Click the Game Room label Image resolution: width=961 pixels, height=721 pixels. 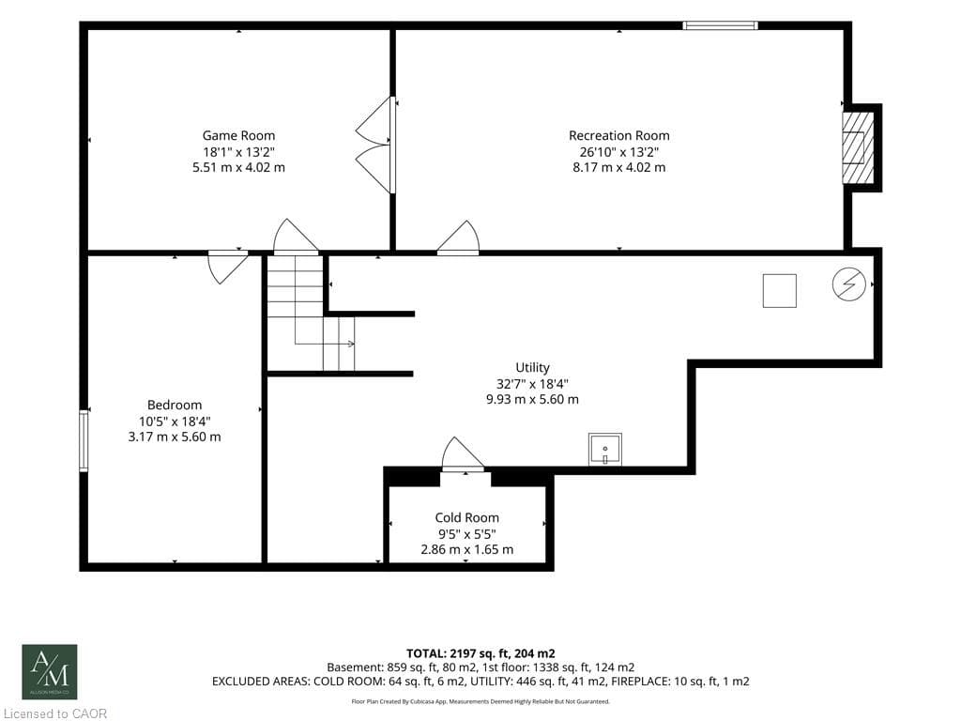pyautogui.click(x=238, y=135)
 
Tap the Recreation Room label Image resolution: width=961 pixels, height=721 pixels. pyautogui.click(x=619, y=135)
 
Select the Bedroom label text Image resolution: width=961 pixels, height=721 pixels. pyautogui.click(x=175, y=405)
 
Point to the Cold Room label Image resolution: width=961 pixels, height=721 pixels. pyautogui.click(x=467, y=517)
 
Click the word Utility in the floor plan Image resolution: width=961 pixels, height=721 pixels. pyautogui.click(x=532, y=367)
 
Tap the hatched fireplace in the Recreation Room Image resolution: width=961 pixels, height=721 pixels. pyautogui.click(x=858, y=147)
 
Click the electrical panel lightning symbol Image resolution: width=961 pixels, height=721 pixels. pyautogui.click(x=848, y=285)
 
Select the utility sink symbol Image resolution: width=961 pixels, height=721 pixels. pyautogui.click(x=605, y=450)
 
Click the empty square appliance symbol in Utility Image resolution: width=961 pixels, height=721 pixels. pyautogui.click(x=780, y=291)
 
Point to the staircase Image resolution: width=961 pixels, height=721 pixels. pyautogui.click(x=311, y=314)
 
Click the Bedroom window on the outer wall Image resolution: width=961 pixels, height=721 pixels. pyautogui.click(x=84, y=441)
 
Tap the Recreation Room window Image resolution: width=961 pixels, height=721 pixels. pyautogui.click(x=721, y=25)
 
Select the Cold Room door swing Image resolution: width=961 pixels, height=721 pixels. pyautogui.click(x=463, y=454)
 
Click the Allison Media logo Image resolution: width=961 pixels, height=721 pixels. pyautogui.click(x=50, y=672)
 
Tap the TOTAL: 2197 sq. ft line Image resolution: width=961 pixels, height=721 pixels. pyautogui.click(x=480, y=653)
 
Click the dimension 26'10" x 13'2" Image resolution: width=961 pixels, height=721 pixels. pyautogui.click(x=619, y=151)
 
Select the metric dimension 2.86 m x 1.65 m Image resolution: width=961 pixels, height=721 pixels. pyautogui.click(x=467, y=549)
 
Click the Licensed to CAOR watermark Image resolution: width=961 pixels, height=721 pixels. pyautogui.click(x=53, y=713)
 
